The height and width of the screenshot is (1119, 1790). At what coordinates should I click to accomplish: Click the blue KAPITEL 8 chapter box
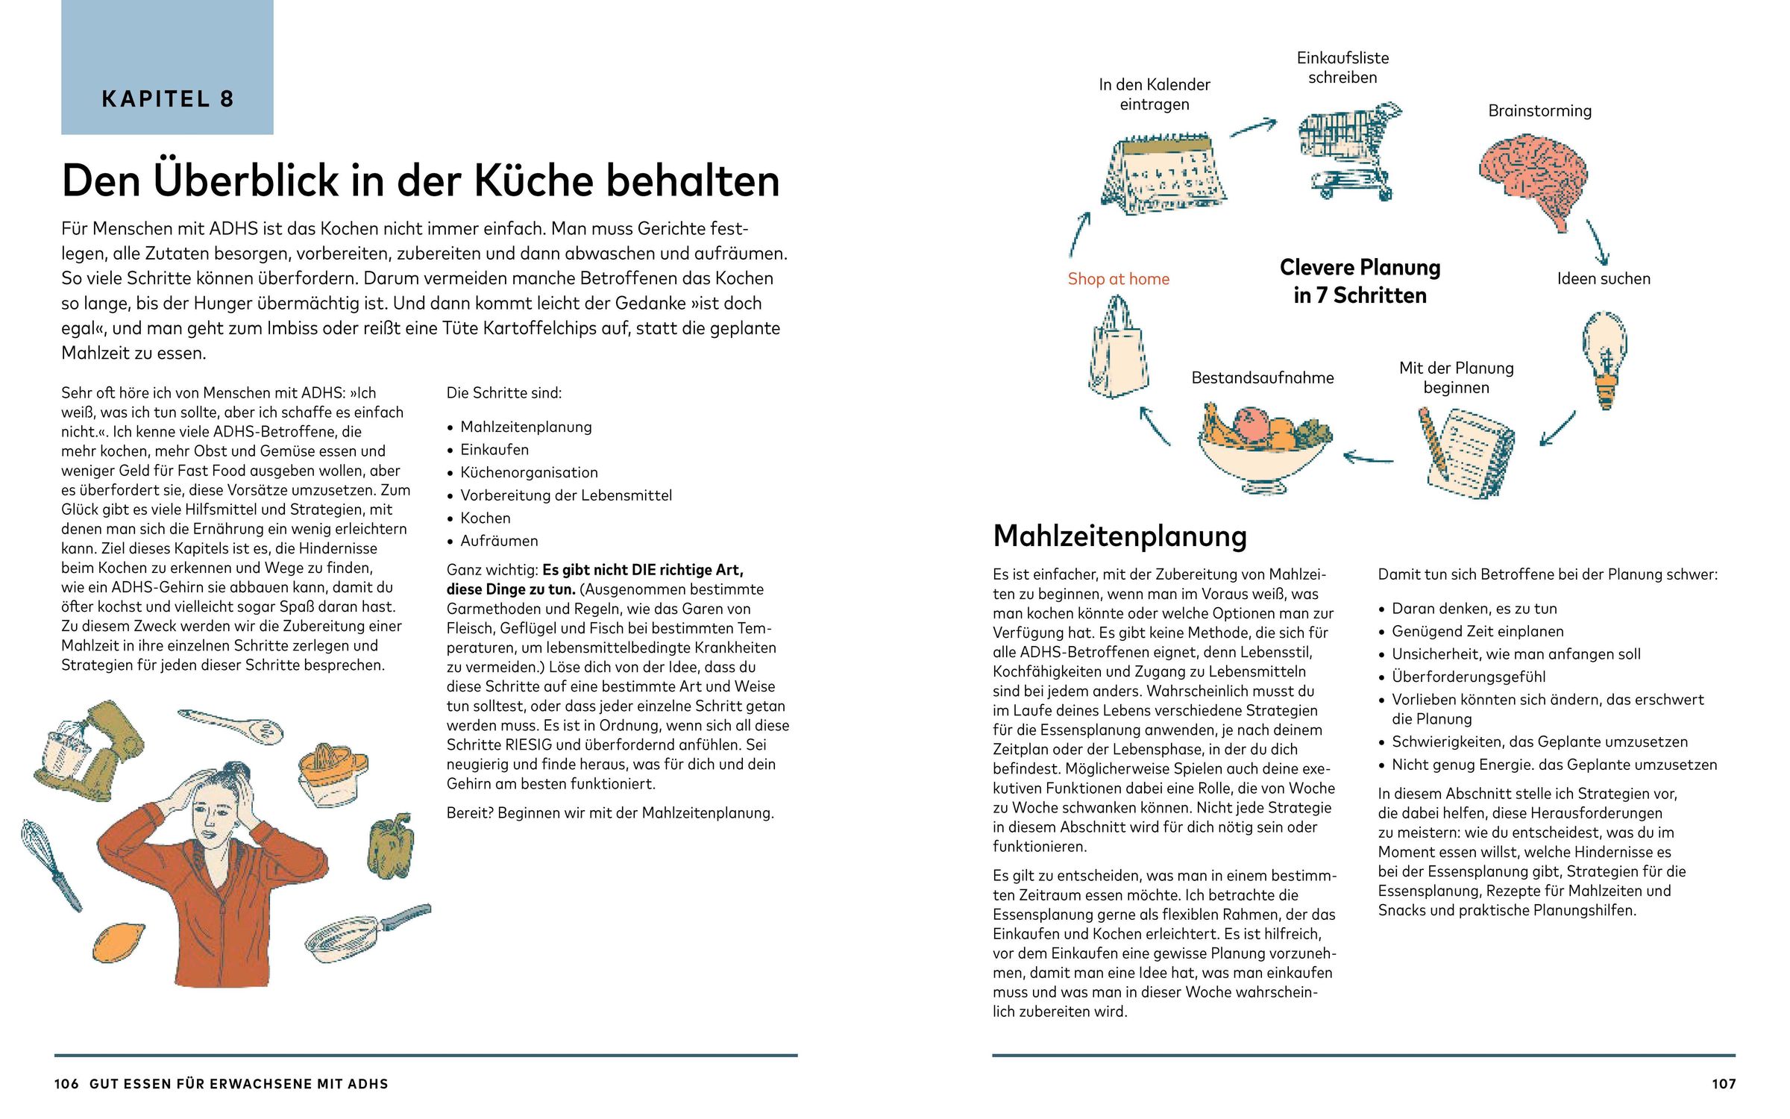(x=167, y=67)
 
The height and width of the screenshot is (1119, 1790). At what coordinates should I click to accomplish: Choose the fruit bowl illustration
(x=1263, y=448)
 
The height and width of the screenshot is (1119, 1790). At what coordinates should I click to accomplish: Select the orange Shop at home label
(x=1118, y=279)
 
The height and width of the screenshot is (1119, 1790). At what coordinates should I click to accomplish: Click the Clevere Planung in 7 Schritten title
(x=1360, y=281)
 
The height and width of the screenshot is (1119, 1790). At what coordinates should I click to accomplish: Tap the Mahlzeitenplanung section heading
(x=1119, y=536)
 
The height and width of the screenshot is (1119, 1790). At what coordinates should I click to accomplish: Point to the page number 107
(x=1723, y=1084)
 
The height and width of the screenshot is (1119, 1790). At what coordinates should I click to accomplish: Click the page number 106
(x=66, y=1084)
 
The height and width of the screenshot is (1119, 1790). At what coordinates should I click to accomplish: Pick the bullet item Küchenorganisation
(x=529, y=472)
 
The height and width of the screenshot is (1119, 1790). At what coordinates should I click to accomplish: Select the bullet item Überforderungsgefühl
(x=1468, y=677)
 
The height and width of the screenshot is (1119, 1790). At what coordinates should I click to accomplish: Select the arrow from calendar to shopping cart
(x=1253, y=128)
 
